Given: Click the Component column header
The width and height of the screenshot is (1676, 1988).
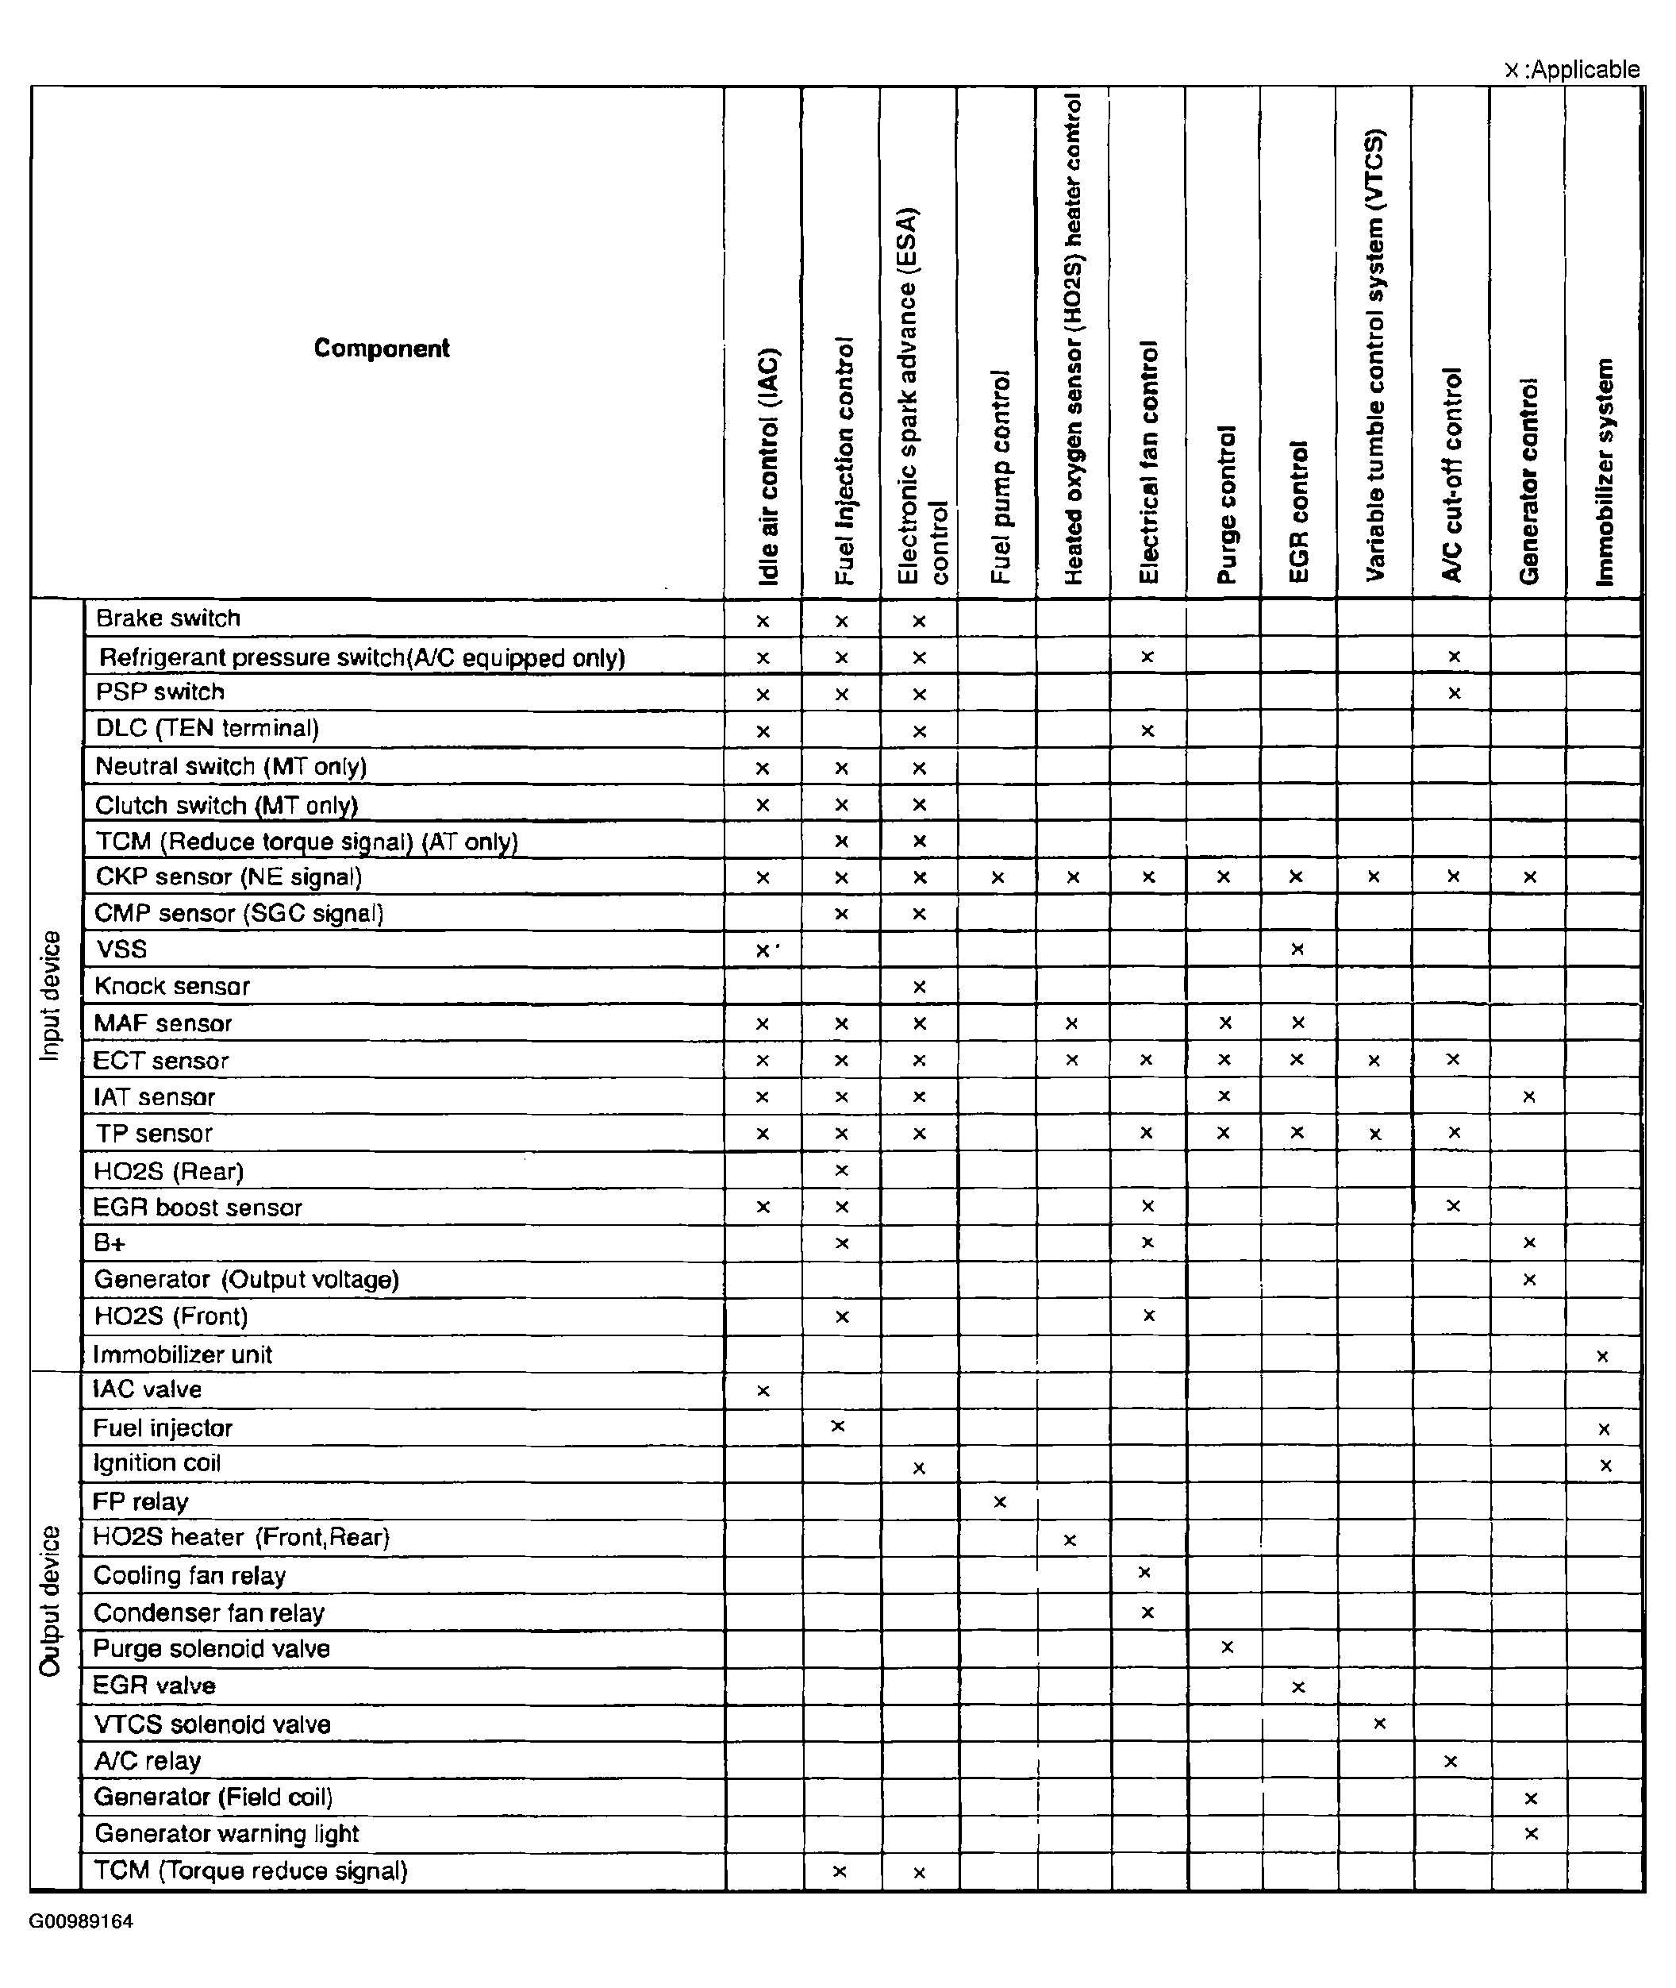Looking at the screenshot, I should [381, 349].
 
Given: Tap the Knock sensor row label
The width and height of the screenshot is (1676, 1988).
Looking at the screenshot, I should [172, 986].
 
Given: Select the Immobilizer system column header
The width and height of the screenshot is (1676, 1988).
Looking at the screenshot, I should [1604, 472].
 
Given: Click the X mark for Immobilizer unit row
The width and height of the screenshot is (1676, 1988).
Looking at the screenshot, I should [1603, 1356].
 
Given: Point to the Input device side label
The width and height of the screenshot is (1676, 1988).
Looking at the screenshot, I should [50, 995].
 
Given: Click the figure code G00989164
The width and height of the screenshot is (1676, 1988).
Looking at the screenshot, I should [81, 1921].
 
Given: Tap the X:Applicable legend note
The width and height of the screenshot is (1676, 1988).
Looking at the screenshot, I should [1571, 69].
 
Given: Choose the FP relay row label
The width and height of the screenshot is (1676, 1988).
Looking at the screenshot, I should [140, 1501].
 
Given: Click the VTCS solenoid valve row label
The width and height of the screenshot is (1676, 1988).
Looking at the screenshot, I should [212, 1724].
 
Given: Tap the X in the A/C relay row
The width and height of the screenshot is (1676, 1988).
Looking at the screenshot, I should [1451, 1761].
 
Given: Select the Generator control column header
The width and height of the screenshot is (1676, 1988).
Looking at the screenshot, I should [1528, 481].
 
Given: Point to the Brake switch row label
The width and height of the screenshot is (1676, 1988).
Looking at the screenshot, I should [168, 618].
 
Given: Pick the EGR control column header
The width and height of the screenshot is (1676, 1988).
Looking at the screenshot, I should [1299, 511].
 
